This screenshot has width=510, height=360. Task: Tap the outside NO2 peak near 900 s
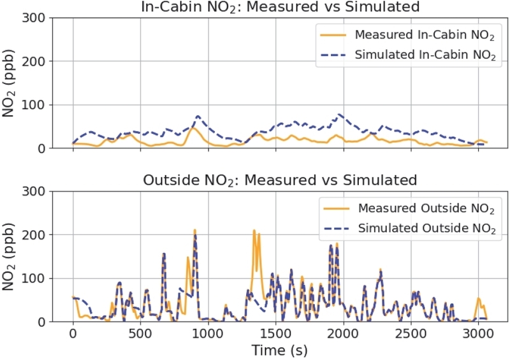click(195, 231)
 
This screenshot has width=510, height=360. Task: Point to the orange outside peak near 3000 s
click(479, 298)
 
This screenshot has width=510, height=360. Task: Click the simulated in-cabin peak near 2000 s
click(340, 115)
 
